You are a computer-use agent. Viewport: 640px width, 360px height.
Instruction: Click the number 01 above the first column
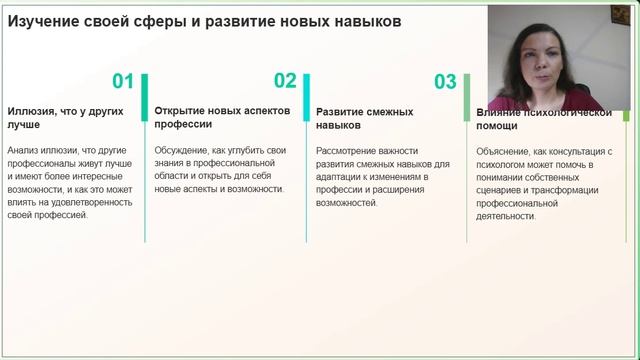tap(123, 82)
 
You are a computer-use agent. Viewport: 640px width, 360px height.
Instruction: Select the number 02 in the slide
tap(285, 82)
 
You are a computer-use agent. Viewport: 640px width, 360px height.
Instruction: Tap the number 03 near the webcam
tap(445, 82)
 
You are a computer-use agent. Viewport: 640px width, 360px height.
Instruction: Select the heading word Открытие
tap(182, 111)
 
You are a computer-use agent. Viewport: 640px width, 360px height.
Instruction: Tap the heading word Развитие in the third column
tap(342, 112)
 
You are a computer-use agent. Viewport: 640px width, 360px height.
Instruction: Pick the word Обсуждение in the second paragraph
tap(185, 150)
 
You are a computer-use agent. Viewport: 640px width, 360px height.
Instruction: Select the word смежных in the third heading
tap(392, 112)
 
